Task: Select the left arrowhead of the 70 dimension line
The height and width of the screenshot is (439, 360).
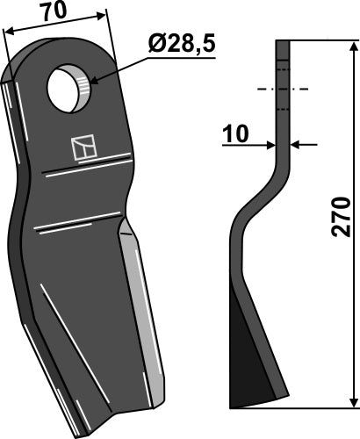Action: coord(7,31)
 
